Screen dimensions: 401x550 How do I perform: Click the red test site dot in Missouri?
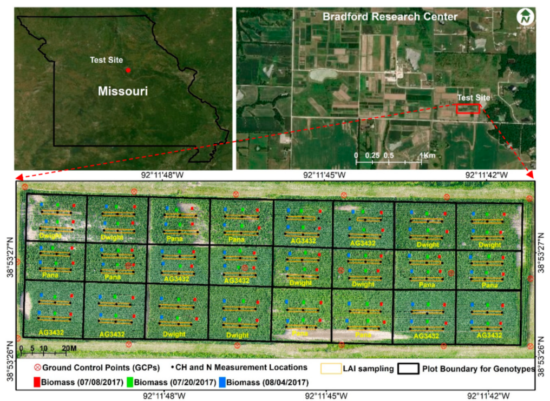point(128,70)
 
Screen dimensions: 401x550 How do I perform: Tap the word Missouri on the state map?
point(123,91)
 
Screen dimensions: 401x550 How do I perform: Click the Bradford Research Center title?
point(390,17)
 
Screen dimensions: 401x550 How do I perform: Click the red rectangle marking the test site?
point(468,109)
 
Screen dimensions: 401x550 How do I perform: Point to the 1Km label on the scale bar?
point(428,155)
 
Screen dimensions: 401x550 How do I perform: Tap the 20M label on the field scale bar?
point(68,347)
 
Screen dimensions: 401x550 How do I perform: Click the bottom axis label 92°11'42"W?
point(490,395)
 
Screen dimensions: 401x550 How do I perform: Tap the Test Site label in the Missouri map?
point(107,60)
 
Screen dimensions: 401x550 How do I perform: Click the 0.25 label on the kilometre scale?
point(371,155)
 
